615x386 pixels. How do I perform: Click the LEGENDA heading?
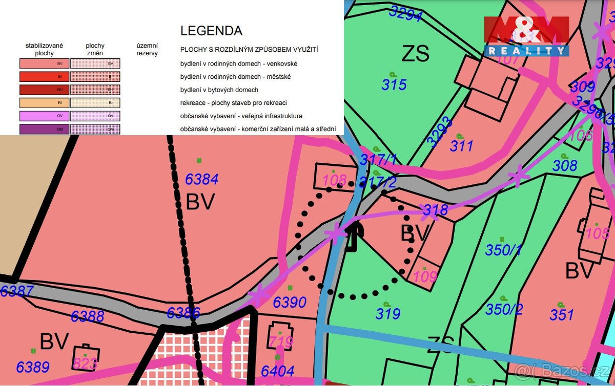(211, 31)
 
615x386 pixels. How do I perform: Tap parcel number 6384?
(201, 179)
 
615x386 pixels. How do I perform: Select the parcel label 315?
(394, 84)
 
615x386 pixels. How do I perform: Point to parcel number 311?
(461, 146)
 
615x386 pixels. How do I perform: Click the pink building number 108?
(335, 180)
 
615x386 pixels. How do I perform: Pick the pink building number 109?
(425, 276)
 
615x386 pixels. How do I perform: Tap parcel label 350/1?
(504, 250)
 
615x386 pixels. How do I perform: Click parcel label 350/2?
(504, 309)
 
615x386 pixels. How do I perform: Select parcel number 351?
(561, 314)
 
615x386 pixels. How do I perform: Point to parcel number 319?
(387, 313)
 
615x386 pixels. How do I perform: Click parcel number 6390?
(290, 303)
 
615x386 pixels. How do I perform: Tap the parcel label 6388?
(87, 316)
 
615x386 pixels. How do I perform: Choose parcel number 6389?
(33, 367)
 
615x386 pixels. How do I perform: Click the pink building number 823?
(85, 363)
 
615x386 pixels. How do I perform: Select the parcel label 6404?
(277, 371)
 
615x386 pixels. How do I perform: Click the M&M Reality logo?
(526, 36)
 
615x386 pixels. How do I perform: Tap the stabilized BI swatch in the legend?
(45, 77)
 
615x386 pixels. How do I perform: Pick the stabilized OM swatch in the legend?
(45, 130)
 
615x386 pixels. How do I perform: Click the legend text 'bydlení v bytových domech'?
(219, 90)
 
